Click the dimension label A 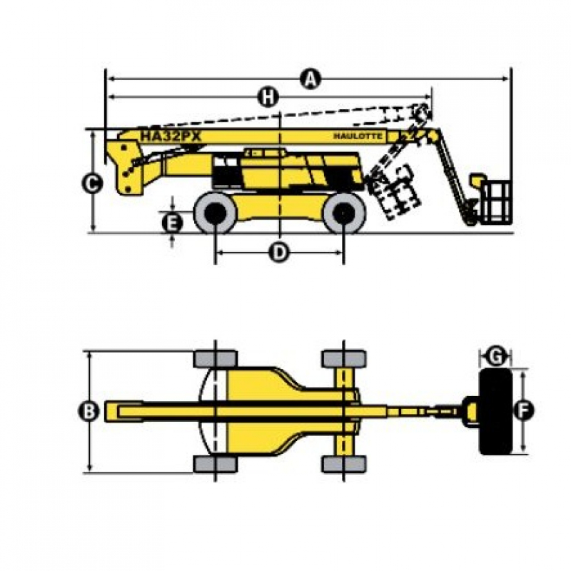click(x=310, y=79)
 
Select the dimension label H click(x=268, y=97)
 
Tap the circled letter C click(x=92, y=183)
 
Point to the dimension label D click(x=279, y=252)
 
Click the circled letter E click(x=172, y=223)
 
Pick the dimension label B click(x=89, y=412)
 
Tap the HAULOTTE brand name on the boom click(x=358, y=136)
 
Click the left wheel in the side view click(x=216, y=213)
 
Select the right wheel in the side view click(x=344, y=213)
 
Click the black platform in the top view click(x=495, y=412)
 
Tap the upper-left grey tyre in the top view click(x=216, y=360)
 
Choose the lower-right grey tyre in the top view click(x=344, y=464)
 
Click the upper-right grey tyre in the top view click(x=344, y=360)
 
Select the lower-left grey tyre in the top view click(x=216, y=464)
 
